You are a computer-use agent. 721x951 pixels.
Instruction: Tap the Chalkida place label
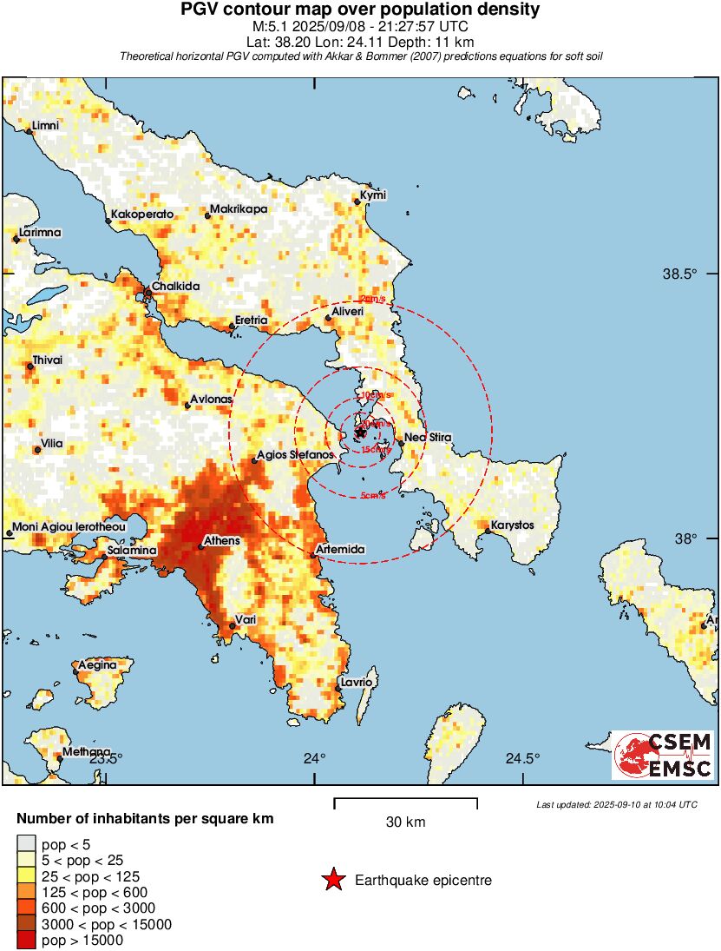click(x=176, y=287)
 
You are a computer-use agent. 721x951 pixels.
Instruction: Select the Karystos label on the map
click(x=512, y=525)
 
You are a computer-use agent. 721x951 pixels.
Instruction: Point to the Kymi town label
click(x=373, y=195)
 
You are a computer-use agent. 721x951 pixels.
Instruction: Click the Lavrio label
click(x=357, y=683)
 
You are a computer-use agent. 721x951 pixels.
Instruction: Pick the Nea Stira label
click(x=428, y=437)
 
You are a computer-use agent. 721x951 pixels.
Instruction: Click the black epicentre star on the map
click(x=360, y=432)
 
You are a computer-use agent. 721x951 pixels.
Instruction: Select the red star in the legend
click(x=332, y=881)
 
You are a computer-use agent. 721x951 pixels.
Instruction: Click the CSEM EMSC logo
click(x=663, y=755)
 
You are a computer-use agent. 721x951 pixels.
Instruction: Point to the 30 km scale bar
click(x=405, y=799)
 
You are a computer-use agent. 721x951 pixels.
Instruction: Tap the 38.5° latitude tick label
click(x=679, y=274)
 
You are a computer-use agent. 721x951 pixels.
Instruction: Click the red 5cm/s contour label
click(x=373, y=496)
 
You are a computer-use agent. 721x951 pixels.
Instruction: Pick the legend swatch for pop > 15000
click(x=25, y=940)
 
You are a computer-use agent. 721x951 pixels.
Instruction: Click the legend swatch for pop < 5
click(x=25, y=844)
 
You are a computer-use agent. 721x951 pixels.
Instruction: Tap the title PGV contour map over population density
click(x=360, y=10)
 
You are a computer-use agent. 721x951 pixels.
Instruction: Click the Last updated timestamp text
click(x=616, y=804)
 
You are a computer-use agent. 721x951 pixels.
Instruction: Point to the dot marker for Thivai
click(x=30, y=367)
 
